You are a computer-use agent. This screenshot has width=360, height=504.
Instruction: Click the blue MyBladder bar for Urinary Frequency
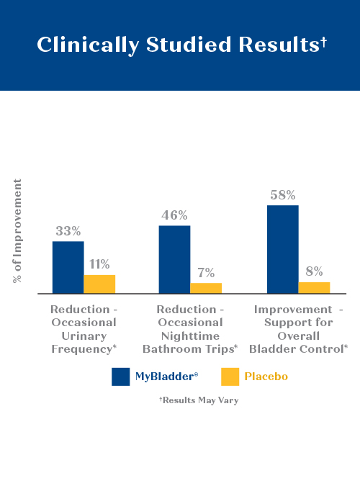pos(68,267)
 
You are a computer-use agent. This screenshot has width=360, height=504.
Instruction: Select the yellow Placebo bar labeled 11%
pos(99,284)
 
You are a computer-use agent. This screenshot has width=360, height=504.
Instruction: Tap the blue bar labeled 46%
pos(174,259)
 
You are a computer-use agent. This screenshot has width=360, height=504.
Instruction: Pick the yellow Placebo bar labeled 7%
pos(206,288)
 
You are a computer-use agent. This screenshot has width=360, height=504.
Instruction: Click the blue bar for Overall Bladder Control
pos(283,249)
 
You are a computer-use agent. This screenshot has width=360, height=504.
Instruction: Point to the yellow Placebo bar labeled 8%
pos(314,288)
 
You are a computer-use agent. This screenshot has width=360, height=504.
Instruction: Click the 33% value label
pos(68,231)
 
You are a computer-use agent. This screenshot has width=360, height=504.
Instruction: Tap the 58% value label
pos(283,195)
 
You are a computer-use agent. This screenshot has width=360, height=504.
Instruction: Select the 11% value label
pos(99,264)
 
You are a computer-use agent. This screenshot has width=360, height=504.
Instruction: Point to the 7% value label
pos(206,273)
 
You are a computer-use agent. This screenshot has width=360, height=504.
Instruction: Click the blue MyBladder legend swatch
pos(120,377)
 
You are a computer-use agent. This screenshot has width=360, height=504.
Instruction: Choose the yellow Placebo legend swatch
pos(230,377)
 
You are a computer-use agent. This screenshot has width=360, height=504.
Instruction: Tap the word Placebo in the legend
pos(266,377)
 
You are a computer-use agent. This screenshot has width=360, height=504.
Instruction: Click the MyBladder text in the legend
pos(166,377)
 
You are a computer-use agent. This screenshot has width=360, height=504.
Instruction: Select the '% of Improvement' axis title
pos(17,231)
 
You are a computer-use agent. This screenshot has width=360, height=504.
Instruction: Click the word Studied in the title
pos(189,45)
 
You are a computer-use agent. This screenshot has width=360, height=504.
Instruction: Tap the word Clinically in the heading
pos(88,45)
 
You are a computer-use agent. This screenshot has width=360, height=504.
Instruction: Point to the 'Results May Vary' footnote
pos(199,400)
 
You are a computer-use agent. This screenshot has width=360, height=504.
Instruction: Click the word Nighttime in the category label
pos(190,336)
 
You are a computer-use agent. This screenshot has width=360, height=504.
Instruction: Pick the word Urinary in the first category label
pos(84,336)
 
